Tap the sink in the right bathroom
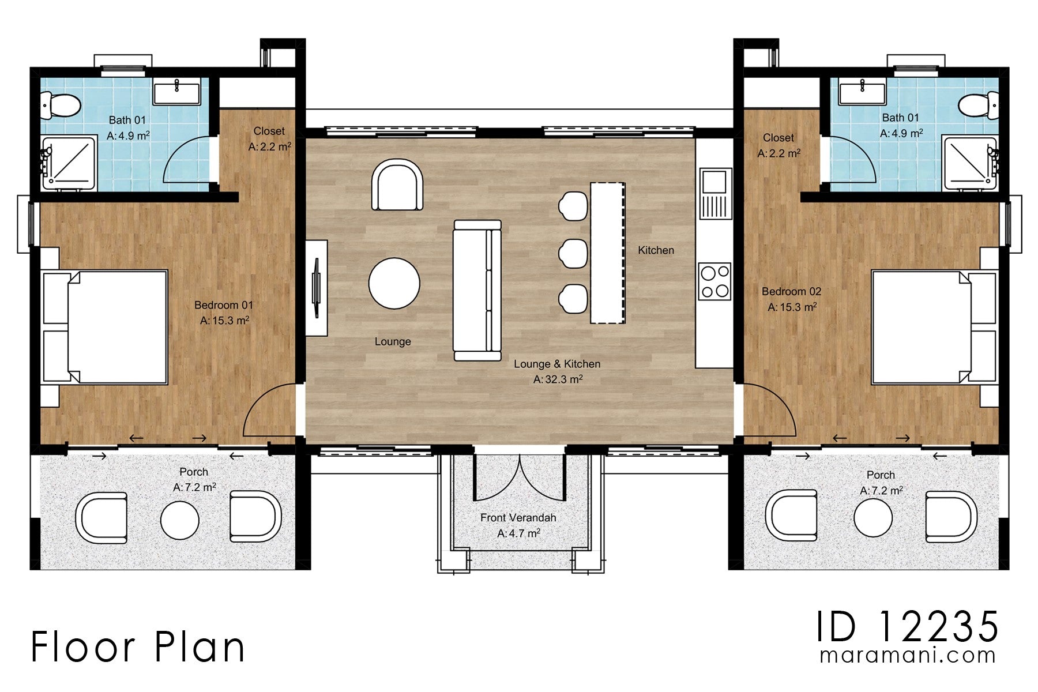click(862, 93)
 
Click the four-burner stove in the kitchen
click(714, 281)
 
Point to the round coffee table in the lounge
click(394, 283)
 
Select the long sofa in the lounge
click(477, 290)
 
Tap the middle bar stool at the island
click(573, 253)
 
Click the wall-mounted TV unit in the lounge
click(316, 287)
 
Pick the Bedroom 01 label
click(223, 305)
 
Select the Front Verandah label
click(518, 518)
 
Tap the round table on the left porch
click(180, 520)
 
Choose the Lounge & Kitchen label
click(556, 364)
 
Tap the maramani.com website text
click(907, 656)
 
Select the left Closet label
click(269, 131)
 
